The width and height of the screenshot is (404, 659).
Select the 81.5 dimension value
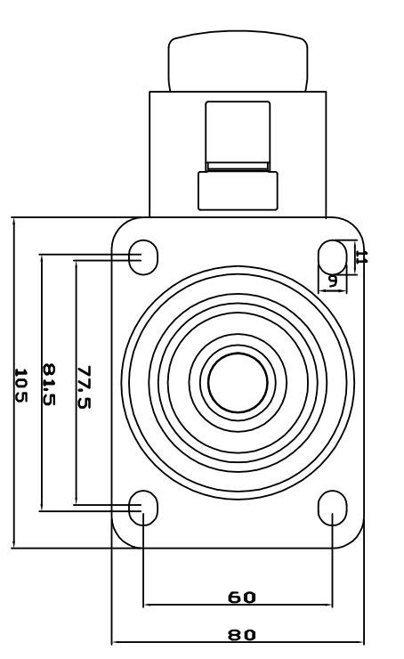click(51, 385)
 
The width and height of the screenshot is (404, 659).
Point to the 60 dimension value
click(241, 597)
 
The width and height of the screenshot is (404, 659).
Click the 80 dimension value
click(241, 634)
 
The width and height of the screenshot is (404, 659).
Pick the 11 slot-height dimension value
click(360, 256)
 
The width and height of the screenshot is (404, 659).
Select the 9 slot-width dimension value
click(333, 280)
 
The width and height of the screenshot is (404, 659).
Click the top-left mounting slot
click(143, 256)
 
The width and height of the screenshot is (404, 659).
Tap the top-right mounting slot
click(332, 256)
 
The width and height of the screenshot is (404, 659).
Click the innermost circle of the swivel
click(238, 382)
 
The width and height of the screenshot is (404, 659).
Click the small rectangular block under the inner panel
click(238, 190)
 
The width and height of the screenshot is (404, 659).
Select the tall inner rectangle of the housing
click(238, 134)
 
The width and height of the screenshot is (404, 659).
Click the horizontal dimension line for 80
click(178, 642)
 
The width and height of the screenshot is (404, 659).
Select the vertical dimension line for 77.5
click(76, 445)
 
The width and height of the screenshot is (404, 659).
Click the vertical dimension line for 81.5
click(42, 445)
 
